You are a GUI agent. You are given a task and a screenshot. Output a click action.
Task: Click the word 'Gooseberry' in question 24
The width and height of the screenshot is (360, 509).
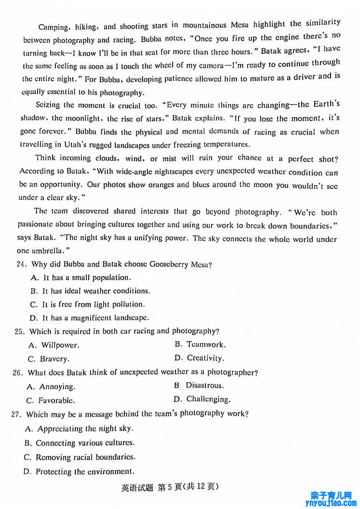coord(169,264)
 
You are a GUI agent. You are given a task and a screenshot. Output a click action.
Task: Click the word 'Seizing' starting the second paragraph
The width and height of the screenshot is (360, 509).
coord(48,105)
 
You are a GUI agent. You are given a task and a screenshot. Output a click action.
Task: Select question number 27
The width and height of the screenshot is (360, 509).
coord(19,414)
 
